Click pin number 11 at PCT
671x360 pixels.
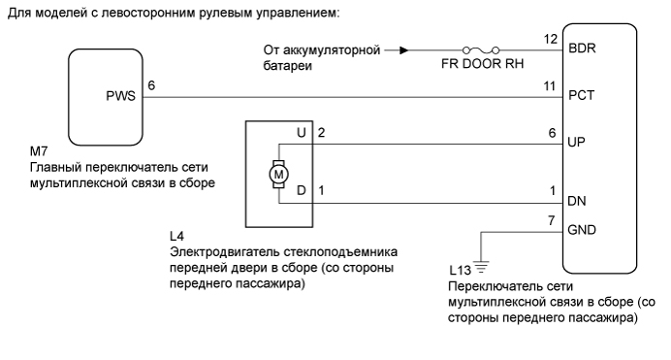point(553,86)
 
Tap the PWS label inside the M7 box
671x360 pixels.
point(121,97)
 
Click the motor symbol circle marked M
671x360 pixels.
point(276,173)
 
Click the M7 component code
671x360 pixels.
point(39,153)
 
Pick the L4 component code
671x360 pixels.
point(176,235)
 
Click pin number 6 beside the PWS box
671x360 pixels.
point(150,86)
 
